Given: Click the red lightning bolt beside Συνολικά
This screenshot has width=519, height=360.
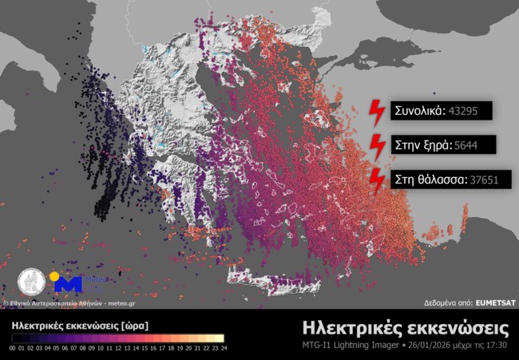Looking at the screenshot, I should [376, 112].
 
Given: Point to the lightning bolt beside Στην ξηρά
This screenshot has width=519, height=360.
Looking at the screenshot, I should [376, 145].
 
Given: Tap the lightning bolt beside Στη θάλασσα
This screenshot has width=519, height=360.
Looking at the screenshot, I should [376, 180].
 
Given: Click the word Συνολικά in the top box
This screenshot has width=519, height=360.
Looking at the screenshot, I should [418, 111].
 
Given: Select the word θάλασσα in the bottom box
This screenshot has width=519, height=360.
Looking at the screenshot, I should [442, 180].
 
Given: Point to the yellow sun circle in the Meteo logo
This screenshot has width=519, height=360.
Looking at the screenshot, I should [54, 277].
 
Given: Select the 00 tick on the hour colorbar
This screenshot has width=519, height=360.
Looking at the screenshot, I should [14, 349].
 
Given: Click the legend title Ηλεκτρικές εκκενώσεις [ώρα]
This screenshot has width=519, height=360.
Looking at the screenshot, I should [79, 326].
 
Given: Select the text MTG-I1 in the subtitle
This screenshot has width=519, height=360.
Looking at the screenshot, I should [319, 346].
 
